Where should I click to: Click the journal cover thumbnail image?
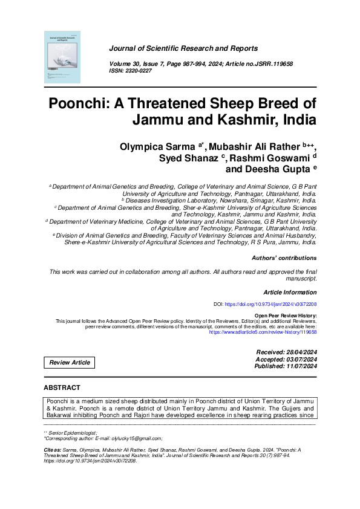click(62, 56)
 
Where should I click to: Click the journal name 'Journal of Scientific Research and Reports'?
click(183, 48)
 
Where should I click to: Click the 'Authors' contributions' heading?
click(284, 258)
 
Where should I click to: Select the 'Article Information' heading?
click(290, 291)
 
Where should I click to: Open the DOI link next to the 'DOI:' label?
click(270, 304)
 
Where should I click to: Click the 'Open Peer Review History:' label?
click(286, 316)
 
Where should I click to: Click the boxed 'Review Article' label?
click(70, 363)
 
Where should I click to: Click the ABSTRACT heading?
click(62, 387)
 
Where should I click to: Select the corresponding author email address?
click(137, 438)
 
